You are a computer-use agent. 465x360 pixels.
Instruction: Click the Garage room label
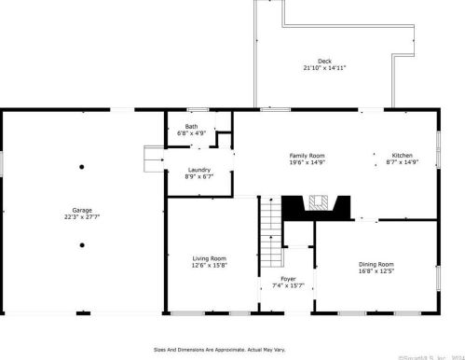82,210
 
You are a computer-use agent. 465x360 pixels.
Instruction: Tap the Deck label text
323,62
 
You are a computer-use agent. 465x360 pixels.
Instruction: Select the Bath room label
191,127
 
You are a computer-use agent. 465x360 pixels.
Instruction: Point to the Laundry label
198,170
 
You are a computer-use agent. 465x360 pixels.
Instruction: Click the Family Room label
306,155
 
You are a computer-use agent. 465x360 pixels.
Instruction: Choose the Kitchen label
402,155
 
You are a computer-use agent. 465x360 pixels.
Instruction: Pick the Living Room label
210,258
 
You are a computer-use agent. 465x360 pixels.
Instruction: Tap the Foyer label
290,278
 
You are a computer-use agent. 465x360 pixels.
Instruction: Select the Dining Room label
376,264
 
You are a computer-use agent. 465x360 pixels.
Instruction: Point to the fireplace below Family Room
317,202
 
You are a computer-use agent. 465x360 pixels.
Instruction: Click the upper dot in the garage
82,167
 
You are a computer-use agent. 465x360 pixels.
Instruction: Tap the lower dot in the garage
82,244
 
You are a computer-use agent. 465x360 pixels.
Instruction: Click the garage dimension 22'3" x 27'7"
82,217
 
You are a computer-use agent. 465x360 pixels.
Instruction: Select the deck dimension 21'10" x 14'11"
324,68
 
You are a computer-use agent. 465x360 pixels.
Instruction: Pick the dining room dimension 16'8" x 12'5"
376,271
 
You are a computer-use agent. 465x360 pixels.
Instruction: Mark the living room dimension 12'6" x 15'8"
210,266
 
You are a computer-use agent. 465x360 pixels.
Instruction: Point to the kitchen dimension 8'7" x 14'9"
402,162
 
